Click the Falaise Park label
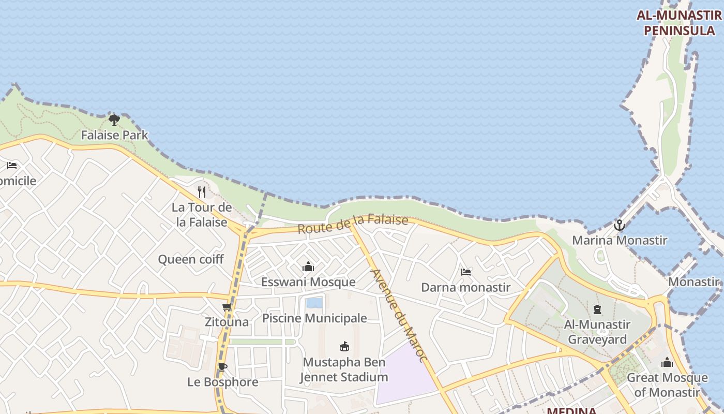(114, 136)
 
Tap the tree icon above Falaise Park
(114, 120)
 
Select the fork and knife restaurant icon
(202, 192)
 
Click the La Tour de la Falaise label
(202, 215)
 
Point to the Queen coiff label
(191, 259)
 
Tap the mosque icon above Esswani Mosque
(308, 267)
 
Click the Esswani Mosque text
(308, 282)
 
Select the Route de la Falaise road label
(353, 224)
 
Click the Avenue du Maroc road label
(400, 316)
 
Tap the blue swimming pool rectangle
(314, 303)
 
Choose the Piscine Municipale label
(314, 318)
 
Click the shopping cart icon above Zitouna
(227, 307)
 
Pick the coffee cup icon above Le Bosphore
(223, 367)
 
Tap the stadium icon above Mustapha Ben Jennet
(344, 347)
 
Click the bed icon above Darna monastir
(466, 272)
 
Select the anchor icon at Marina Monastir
(619, 225)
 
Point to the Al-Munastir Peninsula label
(678, 23)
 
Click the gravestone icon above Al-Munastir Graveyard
(597, 310)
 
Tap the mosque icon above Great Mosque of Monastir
(667, 362)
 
